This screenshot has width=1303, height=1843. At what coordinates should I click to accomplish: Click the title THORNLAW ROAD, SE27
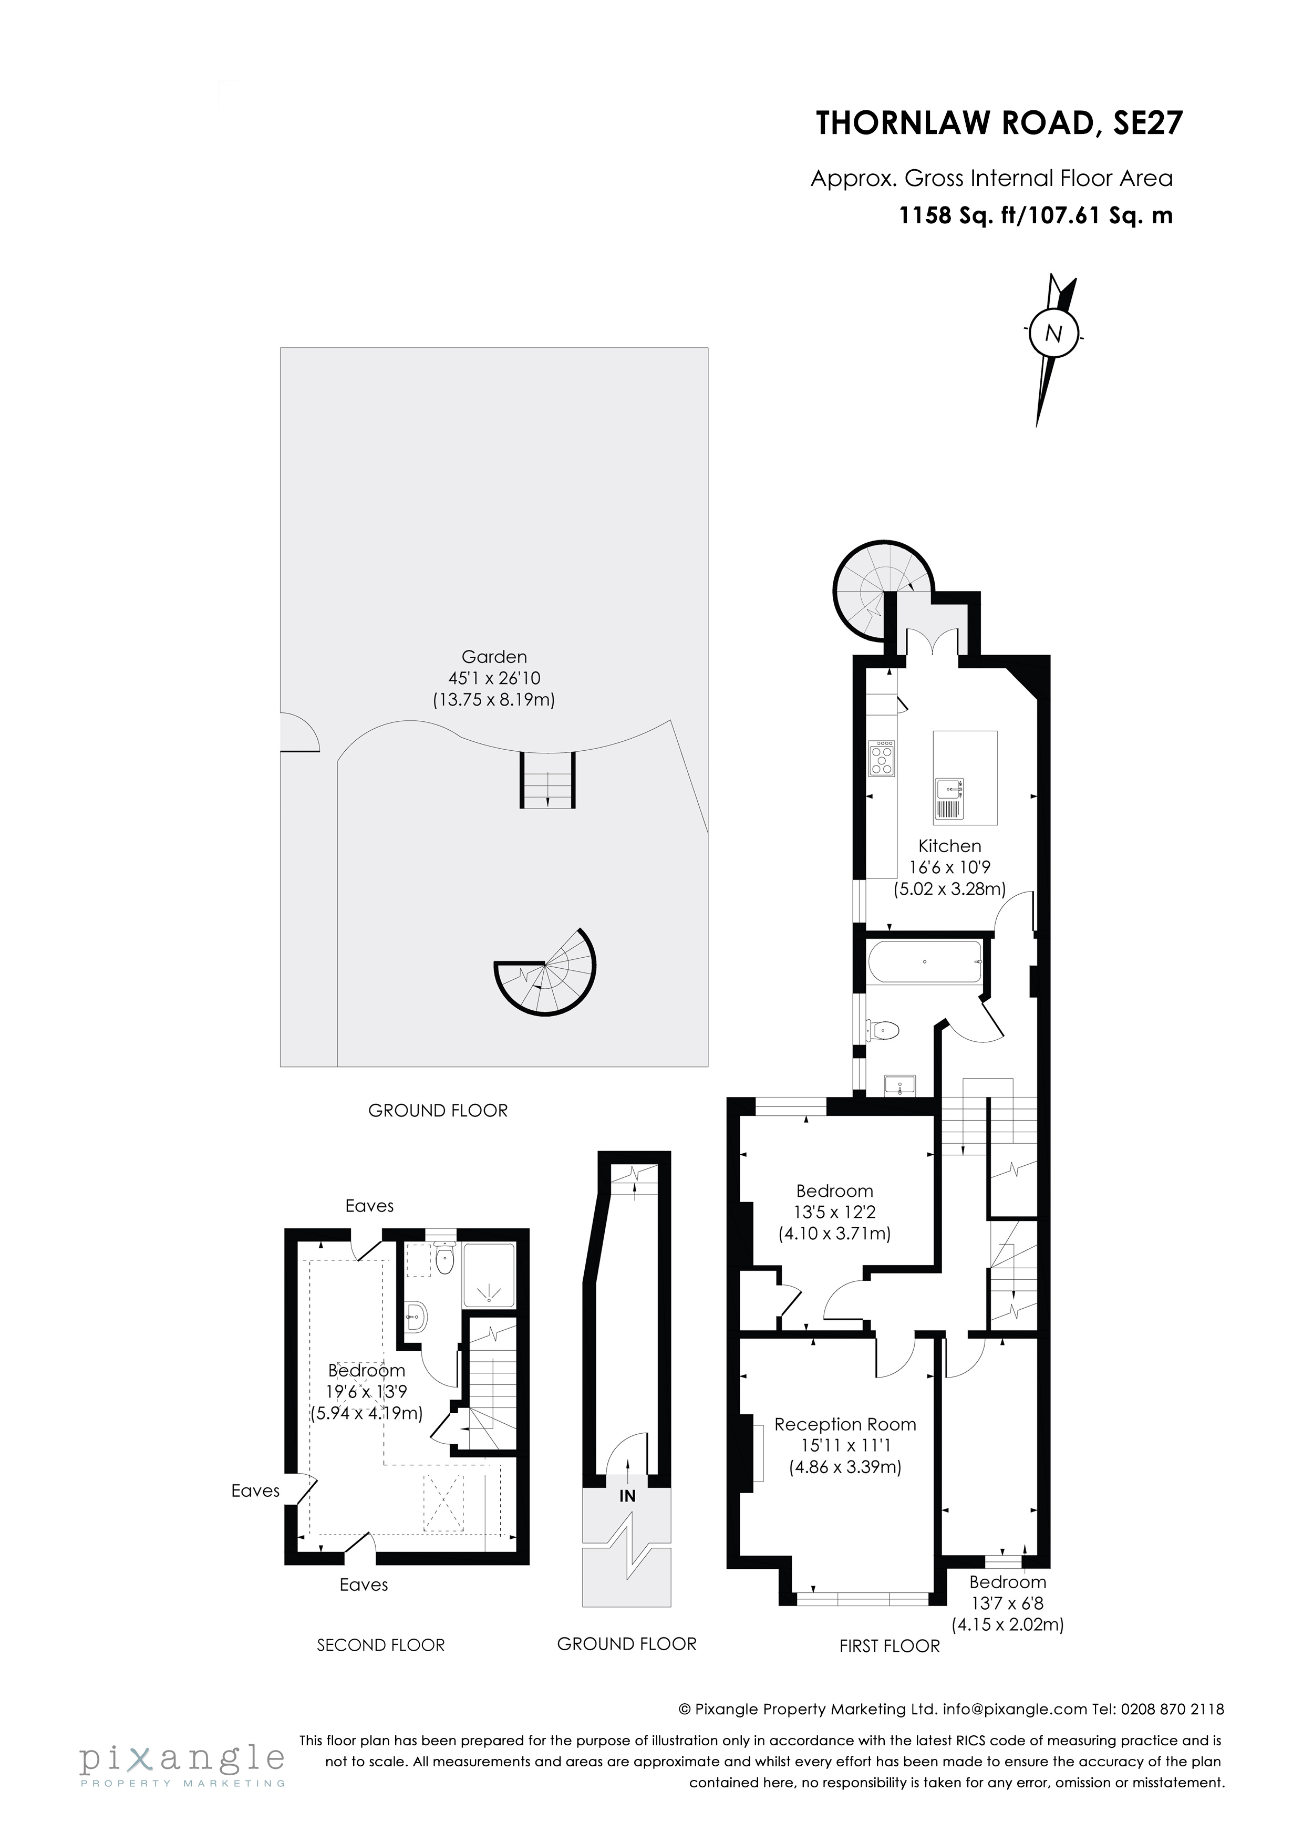tap(999, 125)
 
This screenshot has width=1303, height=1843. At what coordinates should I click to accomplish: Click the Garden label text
tap(494, 657)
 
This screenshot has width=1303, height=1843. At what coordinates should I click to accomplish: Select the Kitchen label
tap(950, 846)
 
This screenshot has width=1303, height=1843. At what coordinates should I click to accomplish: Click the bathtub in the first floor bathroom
tap(924, 961)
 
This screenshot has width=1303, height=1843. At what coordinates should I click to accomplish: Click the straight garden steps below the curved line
tap(547, 780)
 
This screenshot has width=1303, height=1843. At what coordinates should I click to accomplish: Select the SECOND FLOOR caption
tap(380, 1645)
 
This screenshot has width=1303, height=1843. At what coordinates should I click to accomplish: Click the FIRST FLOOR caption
tap(889, 1647)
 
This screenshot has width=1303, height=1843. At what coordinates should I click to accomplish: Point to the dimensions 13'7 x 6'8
tap(1008, 1604)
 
